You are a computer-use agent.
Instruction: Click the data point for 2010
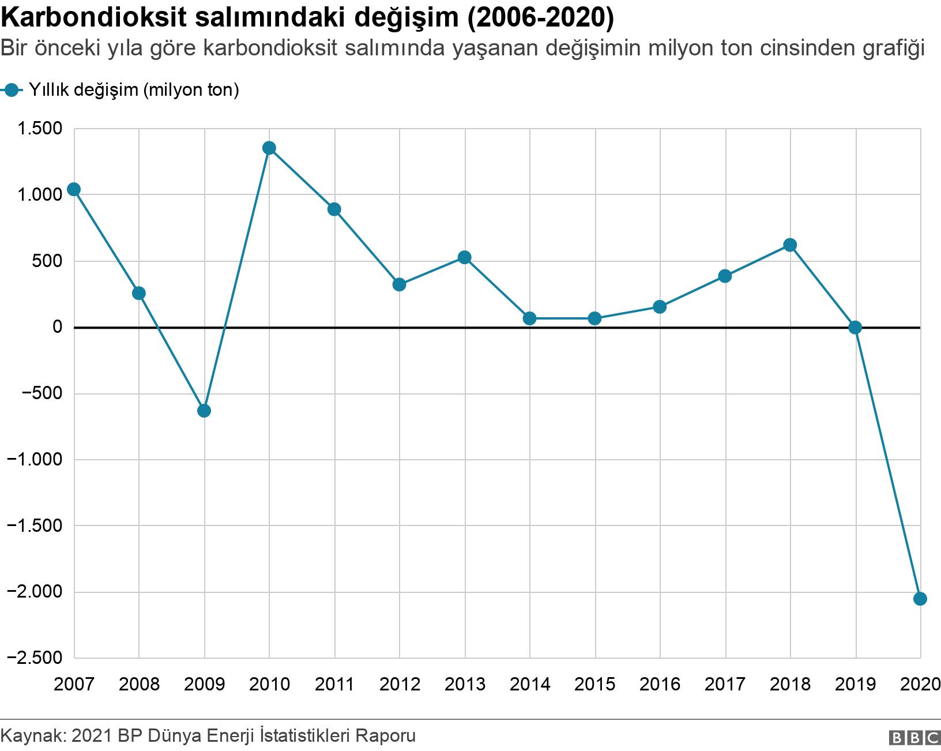point(269,148)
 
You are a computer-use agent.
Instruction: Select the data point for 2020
point(920,599)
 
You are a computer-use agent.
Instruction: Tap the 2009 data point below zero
point(204,411)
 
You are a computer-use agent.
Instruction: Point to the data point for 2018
point(790,245)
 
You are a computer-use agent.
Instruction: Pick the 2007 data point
point(74,190)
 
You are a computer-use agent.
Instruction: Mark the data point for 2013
point(465,257)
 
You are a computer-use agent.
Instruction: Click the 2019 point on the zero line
point(855,328)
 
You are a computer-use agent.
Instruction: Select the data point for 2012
point(400,284)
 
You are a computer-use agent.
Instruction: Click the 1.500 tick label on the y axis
point(40,129)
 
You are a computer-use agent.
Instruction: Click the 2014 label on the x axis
point(530,685)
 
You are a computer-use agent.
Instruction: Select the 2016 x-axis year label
point(660,685)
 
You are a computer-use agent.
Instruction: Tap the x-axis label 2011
point(334,685)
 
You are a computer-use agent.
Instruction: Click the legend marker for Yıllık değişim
point(12,90)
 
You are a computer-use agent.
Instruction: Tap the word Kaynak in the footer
point(33,737)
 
